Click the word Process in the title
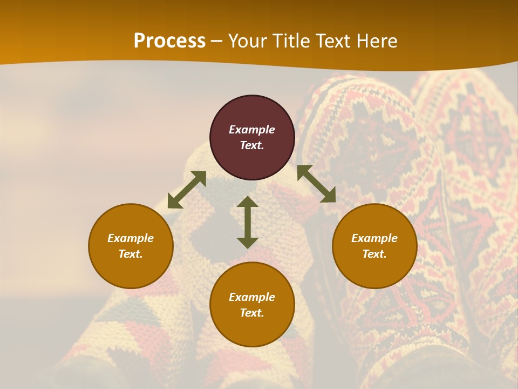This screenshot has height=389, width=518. point(169,41)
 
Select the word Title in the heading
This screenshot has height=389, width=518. point(292,41)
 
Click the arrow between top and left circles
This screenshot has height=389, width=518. point(187,190)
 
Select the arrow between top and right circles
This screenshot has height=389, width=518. point(316,184)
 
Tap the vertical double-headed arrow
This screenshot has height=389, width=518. point(248,222)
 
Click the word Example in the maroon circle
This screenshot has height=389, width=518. point(252,130)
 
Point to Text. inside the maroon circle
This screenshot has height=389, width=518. point(252,145)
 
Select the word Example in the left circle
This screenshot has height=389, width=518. point(131,238)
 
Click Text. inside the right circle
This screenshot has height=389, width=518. point(374,254)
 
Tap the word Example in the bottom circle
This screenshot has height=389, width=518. point(252,297)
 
